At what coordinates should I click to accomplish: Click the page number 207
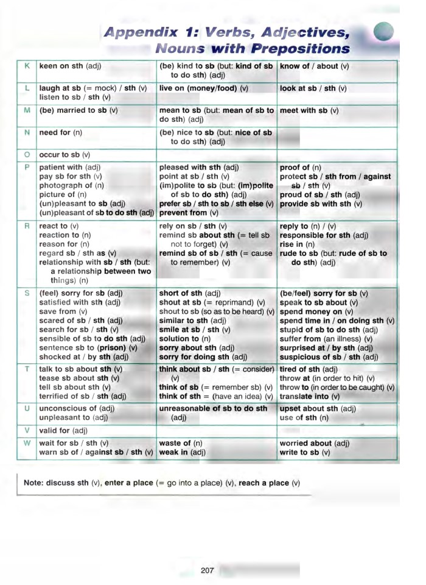207,570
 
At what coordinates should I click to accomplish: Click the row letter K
27,65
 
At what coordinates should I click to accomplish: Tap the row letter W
27,443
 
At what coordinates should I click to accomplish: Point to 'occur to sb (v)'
65,155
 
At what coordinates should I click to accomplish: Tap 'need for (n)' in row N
61,132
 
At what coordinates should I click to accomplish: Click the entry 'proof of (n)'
300,167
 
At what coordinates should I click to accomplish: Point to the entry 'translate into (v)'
313,396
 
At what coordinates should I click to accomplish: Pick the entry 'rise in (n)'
297,244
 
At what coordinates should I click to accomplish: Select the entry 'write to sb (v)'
305,452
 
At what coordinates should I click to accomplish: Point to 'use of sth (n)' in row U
304,417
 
